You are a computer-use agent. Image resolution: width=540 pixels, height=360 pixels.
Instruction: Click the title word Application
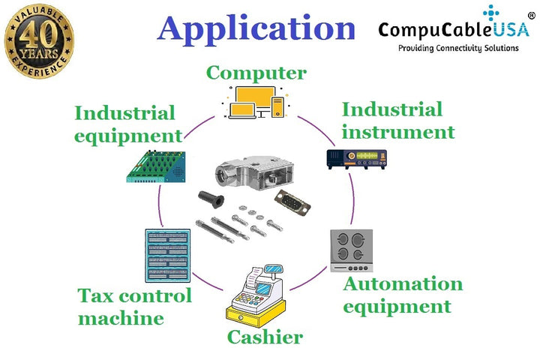(x=256, y=28)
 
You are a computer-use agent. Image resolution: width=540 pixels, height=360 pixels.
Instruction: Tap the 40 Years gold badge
(x=39, y=40)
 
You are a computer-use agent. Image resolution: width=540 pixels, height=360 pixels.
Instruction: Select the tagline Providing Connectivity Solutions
(x=457, y=48)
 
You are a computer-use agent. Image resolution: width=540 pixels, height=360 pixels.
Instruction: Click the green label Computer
(x=256, y=73)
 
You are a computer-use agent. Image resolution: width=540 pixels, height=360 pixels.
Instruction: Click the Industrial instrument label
(x=397, y=121)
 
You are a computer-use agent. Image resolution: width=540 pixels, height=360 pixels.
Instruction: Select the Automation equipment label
(x=403, y=295)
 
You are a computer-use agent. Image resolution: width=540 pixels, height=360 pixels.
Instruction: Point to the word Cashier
(x=265, y=337)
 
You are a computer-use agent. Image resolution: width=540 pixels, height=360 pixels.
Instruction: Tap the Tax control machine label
(x=135, y=306)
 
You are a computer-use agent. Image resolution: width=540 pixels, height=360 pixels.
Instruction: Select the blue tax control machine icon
(x=166, y=256)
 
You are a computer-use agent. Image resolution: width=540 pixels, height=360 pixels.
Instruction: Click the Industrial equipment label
(x=127, y=124)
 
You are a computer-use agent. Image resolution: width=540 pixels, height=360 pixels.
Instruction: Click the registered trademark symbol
(x=531, y=16)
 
